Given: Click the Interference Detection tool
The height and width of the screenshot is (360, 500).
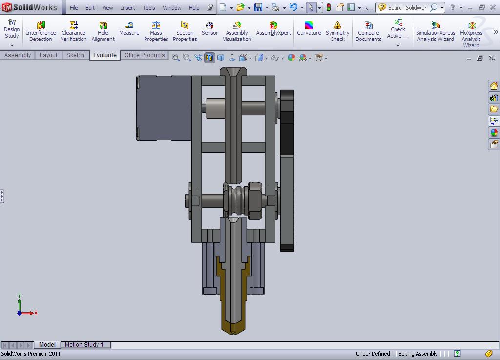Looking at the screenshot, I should (x=41, y=31).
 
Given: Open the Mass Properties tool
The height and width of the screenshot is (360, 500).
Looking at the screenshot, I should (x=156, y=31).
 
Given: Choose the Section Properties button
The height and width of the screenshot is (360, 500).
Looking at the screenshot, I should (x=185, y=31).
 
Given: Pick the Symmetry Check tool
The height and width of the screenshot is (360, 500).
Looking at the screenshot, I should (x=337, y=31).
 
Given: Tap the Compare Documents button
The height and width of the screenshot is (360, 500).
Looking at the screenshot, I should (x=368, y=31).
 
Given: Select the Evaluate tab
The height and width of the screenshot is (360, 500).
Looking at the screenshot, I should (x=105, y=55).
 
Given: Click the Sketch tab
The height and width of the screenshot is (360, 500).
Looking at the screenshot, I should (x=75, y=55).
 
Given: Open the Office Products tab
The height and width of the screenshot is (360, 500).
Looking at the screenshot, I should (x=145, y=55).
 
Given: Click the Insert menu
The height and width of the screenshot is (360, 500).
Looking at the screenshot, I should (x=128, y=8).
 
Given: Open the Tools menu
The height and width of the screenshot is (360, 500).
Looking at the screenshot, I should (x=149, y=8).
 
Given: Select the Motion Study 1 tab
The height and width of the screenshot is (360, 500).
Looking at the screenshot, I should (x=84, y=345).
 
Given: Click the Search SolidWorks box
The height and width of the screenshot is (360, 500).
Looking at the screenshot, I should (x=407, y=8).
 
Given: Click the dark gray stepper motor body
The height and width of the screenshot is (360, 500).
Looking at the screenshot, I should (x=164, y=108).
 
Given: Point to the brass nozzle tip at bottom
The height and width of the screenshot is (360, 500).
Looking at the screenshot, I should (x=233, y=327).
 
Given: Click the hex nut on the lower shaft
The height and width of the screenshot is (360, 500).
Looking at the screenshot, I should (x=255, y=200).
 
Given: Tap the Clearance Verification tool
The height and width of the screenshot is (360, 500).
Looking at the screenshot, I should (x=73, y=31).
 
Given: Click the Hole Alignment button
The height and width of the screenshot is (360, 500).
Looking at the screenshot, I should (x=103, y=31).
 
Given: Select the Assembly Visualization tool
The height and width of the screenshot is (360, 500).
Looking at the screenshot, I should (x=237, y=31).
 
